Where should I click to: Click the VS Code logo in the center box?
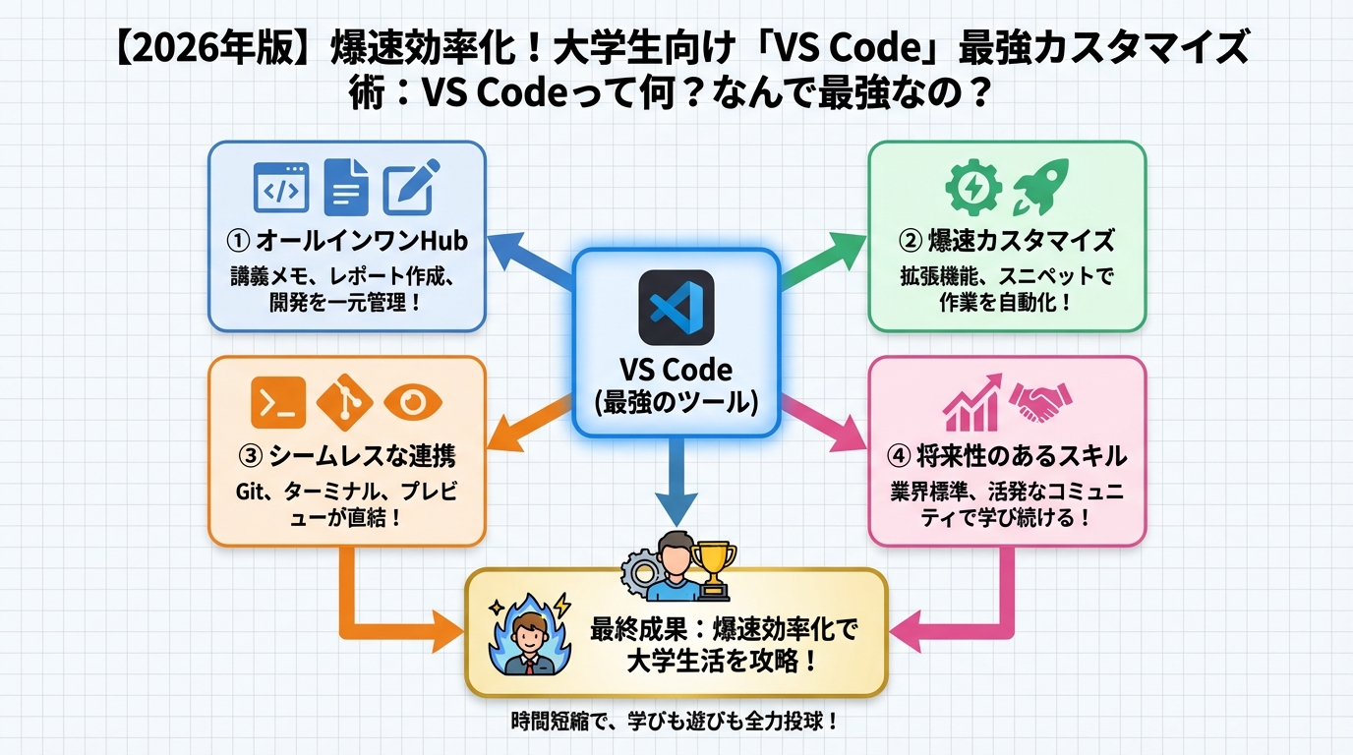676,307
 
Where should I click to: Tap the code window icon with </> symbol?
281,186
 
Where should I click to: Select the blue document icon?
345,186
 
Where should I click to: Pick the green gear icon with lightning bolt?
972,187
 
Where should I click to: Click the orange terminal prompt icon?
278,401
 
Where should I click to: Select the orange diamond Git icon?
345,401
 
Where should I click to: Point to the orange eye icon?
413,401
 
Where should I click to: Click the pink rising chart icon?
971,401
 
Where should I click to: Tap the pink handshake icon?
1042,401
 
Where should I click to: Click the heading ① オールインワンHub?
347,240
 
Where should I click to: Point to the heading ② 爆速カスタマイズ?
1007,240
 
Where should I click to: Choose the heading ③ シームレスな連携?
347,456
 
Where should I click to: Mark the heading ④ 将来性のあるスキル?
1007,456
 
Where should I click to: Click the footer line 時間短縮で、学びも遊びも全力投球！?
676,722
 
